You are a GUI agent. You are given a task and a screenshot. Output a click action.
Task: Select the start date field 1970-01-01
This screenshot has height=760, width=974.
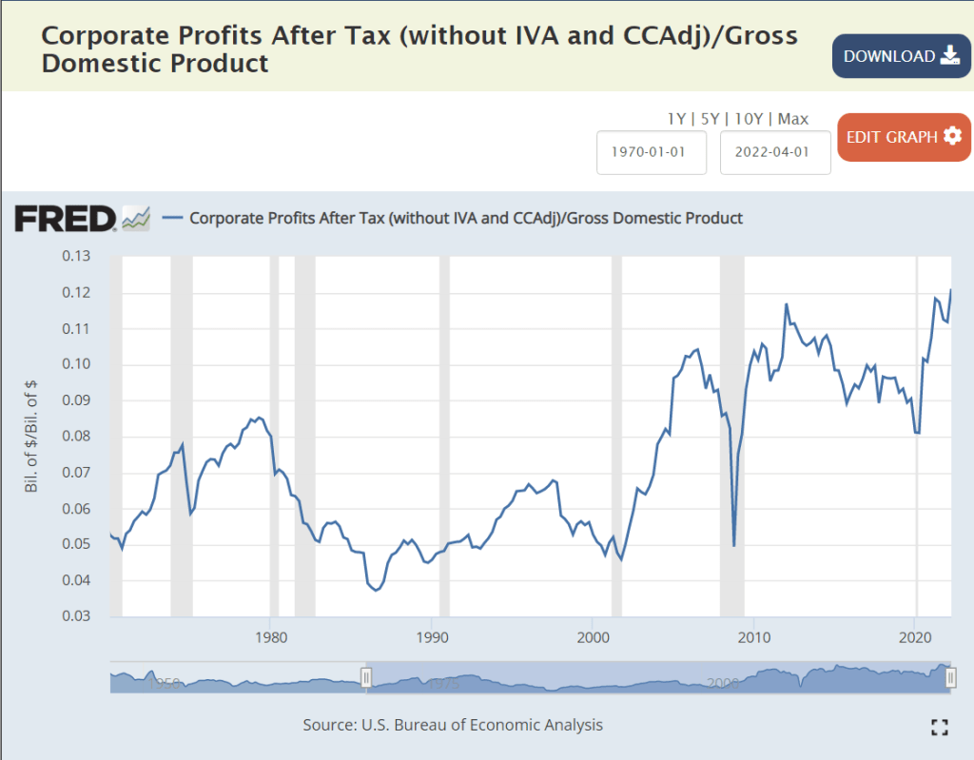click(652, 152)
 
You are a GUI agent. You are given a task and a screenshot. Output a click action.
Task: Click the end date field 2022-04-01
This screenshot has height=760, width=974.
click(775, 152)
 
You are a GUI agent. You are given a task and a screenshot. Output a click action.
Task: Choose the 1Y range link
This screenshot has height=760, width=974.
click(676, 119)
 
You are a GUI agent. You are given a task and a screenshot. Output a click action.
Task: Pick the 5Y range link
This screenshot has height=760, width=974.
click(711, 119)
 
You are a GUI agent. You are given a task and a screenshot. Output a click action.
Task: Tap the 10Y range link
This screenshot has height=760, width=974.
click(749, 119)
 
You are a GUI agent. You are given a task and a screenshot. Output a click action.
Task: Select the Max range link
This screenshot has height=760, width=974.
click(793, 119)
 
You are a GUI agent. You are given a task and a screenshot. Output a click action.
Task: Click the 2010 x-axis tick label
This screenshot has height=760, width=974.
click(753, 633)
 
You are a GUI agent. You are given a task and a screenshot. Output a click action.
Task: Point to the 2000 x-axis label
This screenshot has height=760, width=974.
click(593, 633)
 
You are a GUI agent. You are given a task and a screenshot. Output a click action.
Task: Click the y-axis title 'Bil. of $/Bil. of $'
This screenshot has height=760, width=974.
click(31, 436)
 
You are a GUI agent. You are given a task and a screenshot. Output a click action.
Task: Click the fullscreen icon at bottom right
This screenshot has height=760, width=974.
click(940, 728)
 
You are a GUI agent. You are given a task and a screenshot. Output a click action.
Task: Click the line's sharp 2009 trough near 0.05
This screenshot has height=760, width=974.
click(733, 545)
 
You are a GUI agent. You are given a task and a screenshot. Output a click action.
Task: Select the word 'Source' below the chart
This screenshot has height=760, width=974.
click(329, 725)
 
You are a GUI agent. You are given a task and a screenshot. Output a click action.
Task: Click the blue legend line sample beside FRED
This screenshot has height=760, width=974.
click(173, 218)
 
